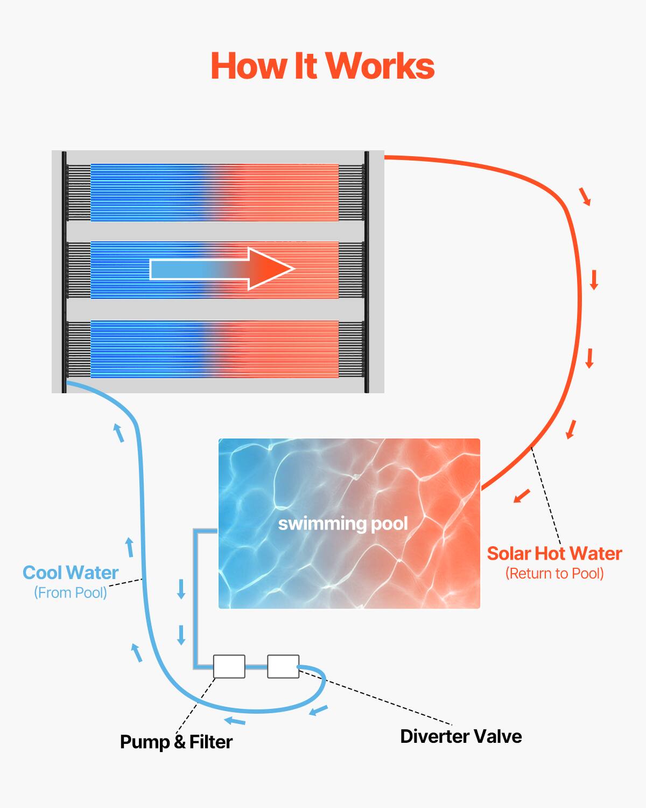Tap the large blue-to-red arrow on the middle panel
click(x=222, y=269)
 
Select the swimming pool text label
click(x=343, y=524)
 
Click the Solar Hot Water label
click(x=554, y=554)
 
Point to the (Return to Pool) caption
click(x=554, y=574)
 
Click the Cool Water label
click(x=71, y=573)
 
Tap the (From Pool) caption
click(x=71, y=593)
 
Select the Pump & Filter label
click(x=176, y=742)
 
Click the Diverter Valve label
click(x=461, y=736)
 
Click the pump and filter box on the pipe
click(x=229, y=666)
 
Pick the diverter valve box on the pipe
click(x=283, y=666)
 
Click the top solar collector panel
click(x=214, y=192)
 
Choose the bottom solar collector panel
click(x=214, y=349)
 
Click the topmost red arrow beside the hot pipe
click(x=585, y=197)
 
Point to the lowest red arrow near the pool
click(x=522, y=496)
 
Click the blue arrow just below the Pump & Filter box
click(x=235, y=721)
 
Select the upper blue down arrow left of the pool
click(x=181, y=589)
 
